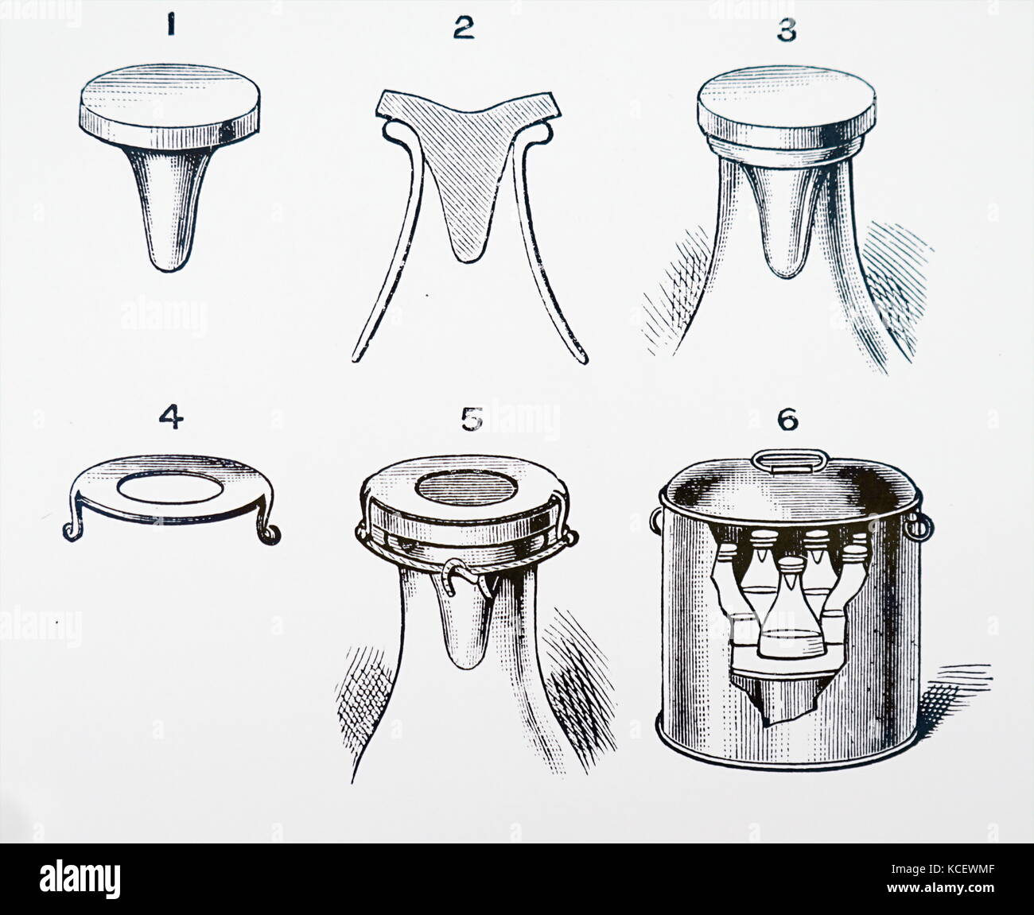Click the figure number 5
point(472,419)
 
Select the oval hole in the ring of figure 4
point(171,487)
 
